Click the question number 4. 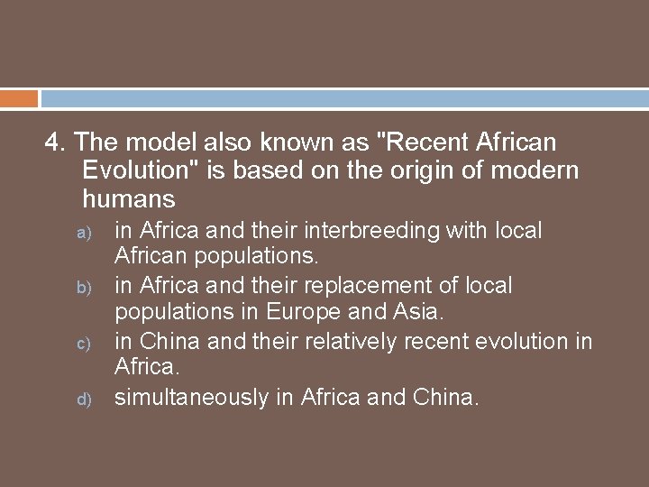coord(56,142)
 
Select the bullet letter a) coord(78,232)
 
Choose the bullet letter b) coord(78,288)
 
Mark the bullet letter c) coord(78,343)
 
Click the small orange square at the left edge coord(18,98)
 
